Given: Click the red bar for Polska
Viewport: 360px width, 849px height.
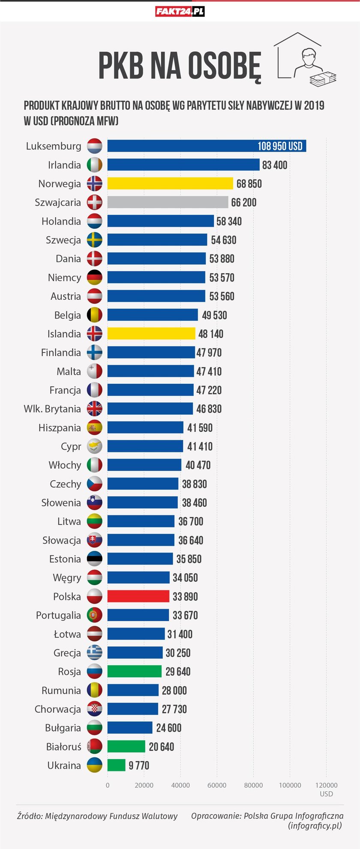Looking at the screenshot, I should coord(138,596).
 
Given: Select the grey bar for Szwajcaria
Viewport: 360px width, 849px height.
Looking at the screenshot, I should coord(167,202).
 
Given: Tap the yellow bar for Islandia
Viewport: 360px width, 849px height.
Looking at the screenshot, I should coord(151,334).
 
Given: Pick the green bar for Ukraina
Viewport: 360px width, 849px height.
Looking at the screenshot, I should coord(116,765).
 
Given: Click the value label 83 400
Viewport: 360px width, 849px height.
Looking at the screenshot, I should coord(275,165).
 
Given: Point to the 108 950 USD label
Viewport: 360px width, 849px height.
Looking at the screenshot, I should coord(280,146).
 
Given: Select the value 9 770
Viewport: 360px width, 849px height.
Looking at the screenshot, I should coord(139,765).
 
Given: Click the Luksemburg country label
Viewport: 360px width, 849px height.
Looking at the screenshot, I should coord(54,146).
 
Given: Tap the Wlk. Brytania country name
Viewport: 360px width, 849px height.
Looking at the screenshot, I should coord(52,409).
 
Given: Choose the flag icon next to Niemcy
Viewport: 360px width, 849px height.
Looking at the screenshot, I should coord(95,278).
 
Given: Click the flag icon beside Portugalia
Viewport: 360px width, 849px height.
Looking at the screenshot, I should coord(95,615).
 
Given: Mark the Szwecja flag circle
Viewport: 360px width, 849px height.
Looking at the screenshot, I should coord(95,240).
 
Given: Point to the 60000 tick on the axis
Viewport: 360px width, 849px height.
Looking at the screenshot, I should coord(217,785).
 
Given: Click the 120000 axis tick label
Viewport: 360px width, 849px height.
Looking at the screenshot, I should coord(326,785).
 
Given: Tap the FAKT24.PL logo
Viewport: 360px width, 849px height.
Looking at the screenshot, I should coord(180,12).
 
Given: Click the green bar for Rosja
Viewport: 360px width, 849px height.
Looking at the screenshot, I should coord(134,671).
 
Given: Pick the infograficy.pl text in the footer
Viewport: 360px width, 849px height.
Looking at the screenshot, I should coord(315,825).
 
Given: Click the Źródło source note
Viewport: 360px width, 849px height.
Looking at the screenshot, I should coord(97,816).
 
